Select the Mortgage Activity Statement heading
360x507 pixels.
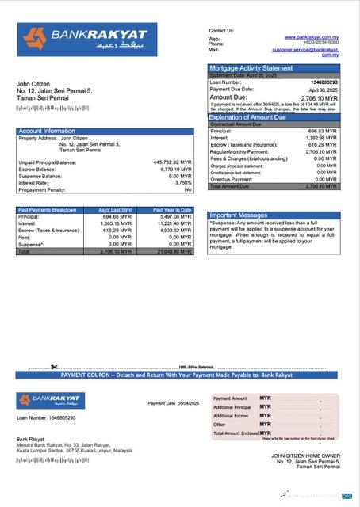[x=251, y=68]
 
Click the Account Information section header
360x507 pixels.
[x=47, y=131]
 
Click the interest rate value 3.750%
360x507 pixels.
[x=180, y=182]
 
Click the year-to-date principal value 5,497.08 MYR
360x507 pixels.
[x=175, y=216]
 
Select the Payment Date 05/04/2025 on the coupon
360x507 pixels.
[x=172, y=403]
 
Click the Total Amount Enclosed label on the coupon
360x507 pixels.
[x=236, y=433]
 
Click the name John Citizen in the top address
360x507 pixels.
[x=33, y=84]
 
